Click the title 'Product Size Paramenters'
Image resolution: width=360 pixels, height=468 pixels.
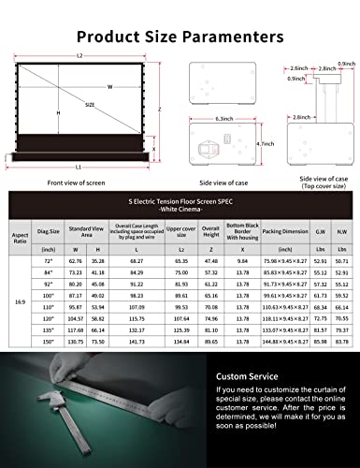180,37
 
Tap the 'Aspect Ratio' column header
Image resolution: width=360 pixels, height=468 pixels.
20,228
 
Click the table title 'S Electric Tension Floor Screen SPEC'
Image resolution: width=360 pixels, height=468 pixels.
182,199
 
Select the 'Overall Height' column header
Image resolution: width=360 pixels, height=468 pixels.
211,228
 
